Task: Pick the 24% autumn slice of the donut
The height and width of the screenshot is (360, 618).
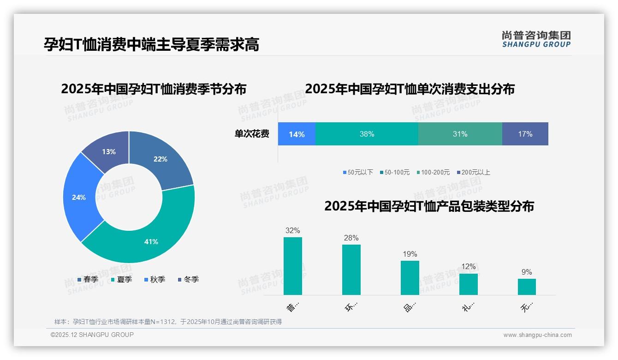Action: click(79, 198)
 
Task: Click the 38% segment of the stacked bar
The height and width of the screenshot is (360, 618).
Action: click(367, 134)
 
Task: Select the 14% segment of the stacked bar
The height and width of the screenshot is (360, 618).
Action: click(297, 134)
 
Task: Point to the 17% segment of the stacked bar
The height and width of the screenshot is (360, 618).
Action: click(525, 134)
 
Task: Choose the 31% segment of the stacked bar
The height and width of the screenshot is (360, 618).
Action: click(460, 134)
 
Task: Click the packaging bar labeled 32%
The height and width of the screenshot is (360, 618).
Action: click(293, 266)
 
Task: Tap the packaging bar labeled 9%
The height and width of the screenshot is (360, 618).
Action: click(527, 287)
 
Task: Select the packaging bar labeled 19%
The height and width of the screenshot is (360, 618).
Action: click(410, 277)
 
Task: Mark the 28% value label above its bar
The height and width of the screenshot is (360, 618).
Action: click(351, 238)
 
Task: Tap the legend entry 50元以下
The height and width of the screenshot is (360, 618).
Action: click(358, 173)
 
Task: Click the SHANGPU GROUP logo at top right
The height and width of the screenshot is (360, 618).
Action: click(536, 39)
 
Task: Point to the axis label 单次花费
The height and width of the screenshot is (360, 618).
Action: click(252, 134)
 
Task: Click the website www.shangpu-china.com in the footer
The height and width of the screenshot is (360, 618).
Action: click(537, 335)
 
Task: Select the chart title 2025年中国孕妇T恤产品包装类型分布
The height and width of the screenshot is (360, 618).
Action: click(429, 206)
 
